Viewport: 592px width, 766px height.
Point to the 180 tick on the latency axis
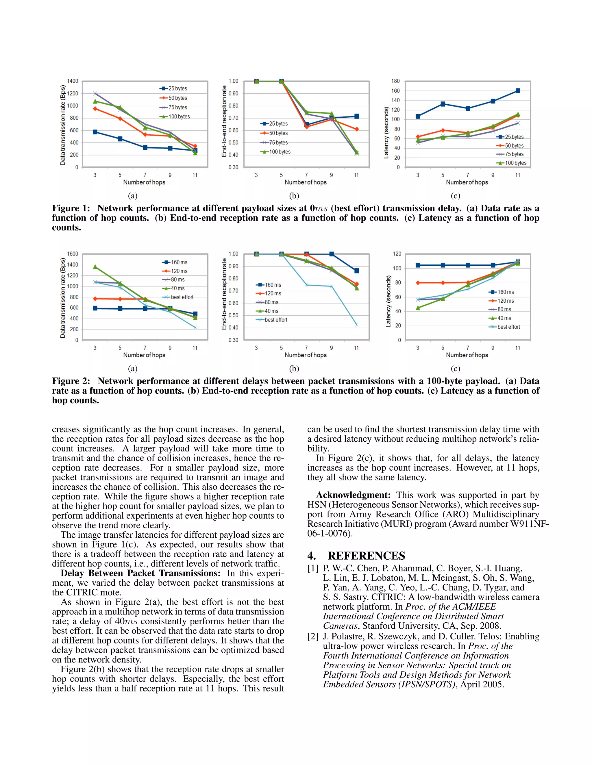(x=396, y=81)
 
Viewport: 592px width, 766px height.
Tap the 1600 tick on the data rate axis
(x=73, y=254)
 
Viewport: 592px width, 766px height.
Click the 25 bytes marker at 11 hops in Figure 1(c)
(x=518, y=91)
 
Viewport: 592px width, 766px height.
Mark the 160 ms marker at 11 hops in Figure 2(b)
(x=356, y=271)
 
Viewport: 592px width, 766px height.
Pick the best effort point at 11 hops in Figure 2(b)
(x=356, y=325)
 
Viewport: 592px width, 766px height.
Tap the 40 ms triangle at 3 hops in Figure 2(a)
(x=95, y=267)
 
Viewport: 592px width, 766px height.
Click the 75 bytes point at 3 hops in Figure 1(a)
(x=95, y=93)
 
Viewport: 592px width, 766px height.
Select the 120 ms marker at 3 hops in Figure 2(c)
(x=418, y=283)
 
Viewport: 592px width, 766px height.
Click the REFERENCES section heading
(x=366, y=556)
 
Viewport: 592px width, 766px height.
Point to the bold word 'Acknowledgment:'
(x=353, y=495)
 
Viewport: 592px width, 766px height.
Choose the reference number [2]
(x=313, y=637)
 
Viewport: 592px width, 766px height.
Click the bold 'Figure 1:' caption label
(x=71, y=208)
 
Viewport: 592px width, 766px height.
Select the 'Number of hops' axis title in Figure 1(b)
(x=306, y=182)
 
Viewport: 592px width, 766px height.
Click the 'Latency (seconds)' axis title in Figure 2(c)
(x=388, y=301)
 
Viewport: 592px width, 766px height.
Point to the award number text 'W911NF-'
(x=529, y=524)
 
